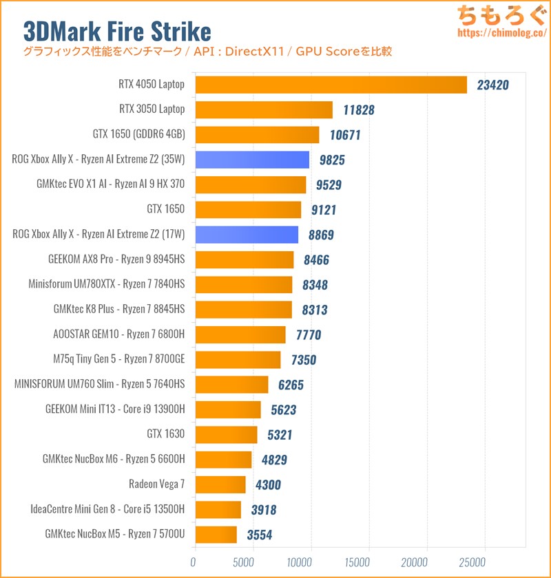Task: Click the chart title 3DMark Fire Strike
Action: coord(117,30)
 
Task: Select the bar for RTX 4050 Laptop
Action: coord(331,85)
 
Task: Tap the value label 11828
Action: coord(358,110)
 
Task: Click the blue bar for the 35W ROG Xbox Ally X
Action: coord(252,160)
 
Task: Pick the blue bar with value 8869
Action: coord(247,235)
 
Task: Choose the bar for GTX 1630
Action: coord(226,434)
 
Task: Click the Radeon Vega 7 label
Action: coord(157,484)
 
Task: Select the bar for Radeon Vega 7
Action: coord(220,484)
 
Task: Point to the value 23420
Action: coord(493,85)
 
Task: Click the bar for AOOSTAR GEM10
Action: coord(240,334)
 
